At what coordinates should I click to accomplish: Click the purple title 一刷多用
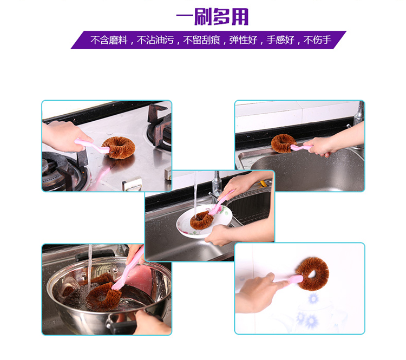click(212, 17)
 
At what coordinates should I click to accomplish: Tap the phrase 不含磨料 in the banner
click(109, 40)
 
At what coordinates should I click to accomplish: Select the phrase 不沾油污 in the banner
click(155, 40)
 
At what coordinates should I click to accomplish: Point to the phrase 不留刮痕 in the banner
click(201, 40)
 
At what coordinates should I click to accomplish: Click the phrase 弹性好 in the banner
click(243, 40)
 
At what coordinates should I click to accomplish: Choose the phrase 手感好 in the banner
click(280, 40)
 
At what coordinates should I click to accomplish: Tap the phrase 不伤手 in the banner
click(317, 40)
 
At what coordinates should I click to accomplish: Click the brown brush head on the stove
click(119, 148)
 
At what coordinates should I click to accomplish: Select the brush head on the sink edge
click(283, 143)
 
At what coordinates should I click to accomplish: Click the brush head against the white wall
click(313, 274)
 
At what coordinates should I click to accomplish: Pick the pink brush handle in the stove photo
click(93, 146)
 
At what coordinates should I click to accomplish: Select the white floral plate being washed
click(205, 221)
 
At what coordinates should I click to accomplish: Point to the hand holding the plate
click(220, 235)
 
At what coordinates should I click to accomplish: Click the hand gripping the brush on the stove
click(65, 136)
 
